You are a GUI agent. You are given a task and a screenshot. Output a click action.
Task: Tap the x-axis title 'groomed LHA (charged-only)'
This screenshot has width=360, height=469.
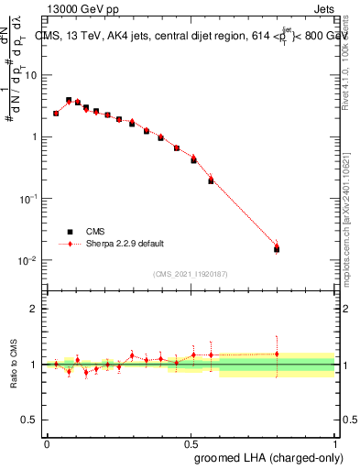266,455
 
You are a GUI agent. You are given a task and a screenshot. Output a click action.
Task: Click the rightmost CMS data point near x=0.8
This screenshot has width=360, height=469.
277,249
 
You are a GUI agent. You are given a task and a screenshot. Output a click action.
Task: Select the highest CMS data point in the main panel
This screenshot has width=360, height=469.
69,100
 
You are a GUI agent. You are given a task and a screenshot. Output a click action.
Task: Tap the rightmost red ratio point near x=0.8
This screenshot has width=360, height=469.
277,354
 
